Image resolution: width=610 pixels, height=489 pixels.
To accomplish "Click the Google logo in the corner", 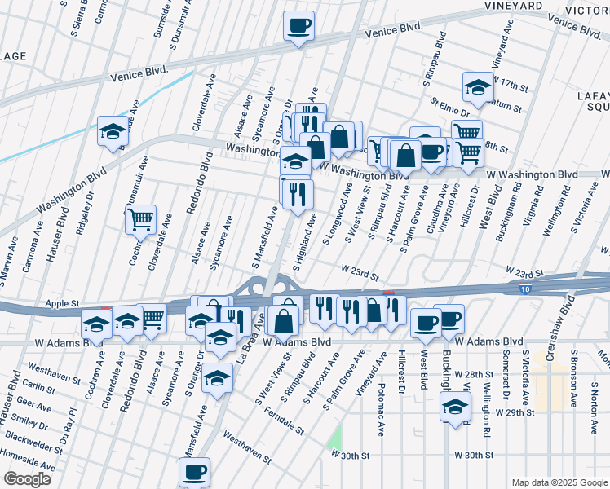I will [x=27, y=479].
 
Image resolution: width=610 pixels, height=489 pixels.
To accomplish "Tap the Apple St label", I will [x=61, y=302].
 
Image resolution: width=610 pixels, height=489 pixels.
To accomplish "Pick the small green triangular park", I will [x=334, y=438].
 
